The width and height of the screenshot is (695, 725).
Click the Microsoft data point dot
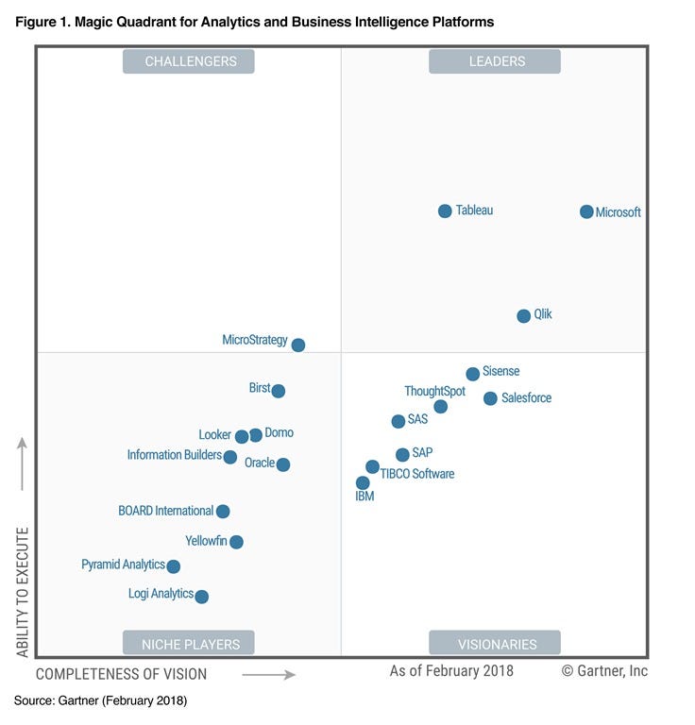(586, 211)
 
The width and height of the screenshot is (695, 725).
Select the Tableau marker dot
(445, 211)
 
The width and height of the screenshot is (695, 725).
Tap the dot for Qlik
(524, 315)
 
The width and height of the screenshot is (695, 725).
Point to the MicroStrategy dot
(298, 345)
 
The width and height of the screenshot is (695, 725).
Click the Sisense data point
(473, 374)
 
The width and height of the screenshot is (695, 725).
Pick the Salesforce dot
(490, 398)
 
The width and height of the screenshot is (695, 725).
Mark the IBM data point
(363, 482)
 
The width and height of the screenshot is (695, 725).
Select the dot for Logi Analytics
(201, 596)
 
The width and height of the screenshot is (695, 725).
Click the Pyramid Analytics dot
(173, 566)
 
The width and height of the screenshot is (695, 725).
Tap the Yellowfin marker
(236, 542)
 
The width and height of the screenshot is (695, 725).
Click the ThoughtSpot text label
(434, 391)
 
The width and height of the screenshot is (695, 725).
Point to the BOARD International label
(165, 511)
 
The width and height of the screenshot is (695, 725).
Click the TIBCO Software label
(417, 474)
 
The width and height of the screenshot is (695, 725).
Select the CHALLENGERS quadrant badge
(191, 61)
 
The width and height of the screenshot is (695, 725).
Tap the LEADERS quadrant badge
(495, 61)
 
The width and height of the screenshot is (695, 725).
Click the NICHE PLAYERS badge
(191, 644)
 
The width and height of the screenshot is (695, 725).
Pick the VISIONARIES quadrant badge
(495, 644)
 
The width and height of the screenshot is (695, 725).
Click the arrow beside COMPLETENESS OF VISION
(269, 674)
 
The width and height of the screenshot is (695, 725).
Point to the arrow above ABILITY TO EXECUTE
(23, 464)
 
